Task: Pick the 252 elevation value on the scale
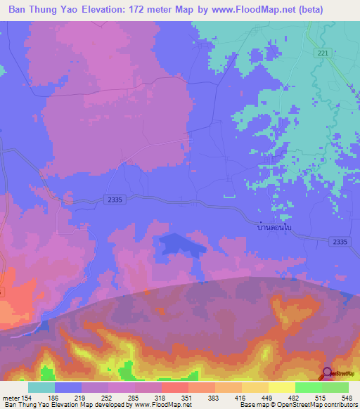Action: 107,398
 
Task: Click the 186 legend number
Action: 53,398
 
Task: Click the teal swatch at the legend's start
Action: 41,387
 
